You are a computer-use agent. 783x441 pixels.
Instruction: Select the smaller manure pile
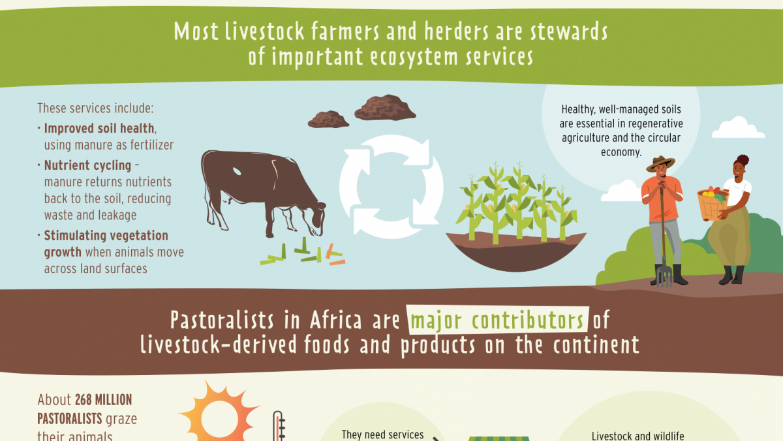pos(328,119)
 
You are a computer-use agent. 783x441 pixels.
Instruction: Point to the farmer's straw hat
pos(660,163)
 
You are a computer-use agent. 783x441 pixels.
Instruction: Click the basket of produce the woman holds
pos(713,204)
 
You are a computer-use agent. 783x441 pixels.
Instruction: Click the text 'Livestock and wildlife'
pos(637,435)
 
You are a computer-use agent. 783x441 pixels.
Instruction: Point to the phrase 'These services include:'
pos(95,108)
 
